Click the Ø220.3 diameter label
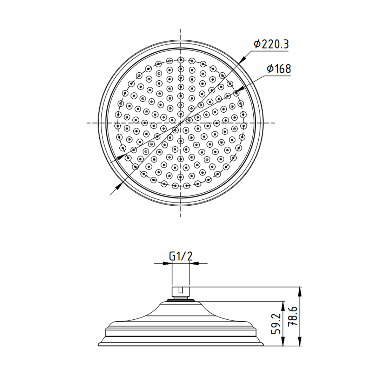click(271, 45)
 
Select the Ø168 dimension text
click(278, 69)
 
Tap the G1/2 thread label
click(181, 257)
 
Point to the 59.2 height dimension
click(277, 324)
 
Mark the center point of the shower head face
click(180, 123)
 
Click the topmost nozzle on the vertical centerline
click(180, 60)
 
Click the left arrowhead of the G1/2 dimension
click(168, 263)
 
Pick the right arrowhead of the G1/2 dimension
click(193, 263)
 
